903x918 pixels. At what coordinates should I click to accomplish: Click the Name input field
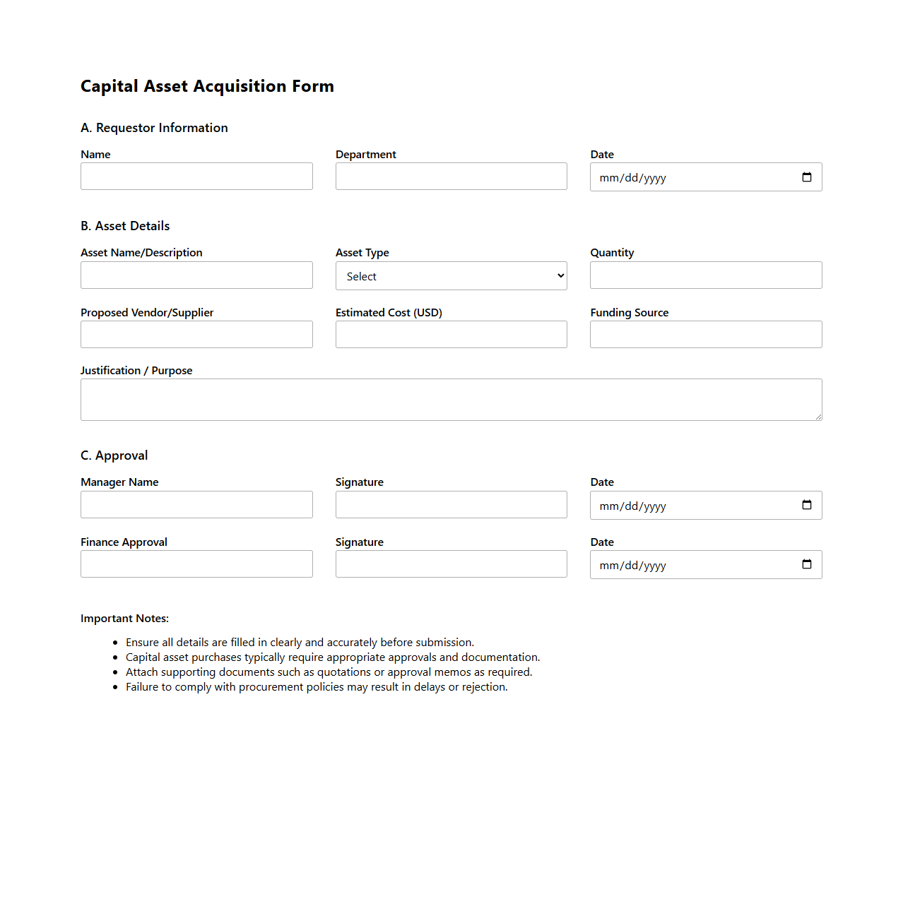[x=196, y=177]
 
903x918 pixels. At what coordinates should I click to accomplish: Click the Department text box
[x=451, y=177]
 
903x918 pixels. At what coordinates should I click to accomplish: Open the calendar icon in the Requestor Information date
[x=807, y=177]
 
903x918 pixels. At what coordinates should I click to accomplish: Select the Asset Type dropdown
[x=451, y=276]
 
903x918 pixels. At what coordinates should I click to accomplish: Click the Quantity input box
[x=706, y=275]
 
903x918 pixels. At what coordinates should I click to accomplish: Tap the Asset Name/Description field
[x=196, y=275]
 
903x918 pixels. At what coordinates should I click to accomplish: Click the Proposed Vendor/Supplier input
[x=196, y=335]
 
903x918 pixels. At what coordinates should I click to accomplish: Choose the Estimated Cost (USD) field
[x=451, y=335]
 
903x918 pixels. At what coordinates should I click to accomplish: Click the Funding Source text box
[x=706, y=335]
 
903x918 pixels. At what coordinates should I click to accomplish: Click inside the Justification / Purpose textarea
[x=451, y=400]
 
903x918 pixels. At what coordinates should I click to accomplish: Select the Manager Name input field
[x=196, y=505]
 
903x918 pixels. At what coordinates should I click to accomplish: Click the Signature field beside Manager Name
[x=451, y=505]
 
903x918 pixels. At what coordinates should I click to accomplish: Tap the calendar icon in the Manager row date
[x=807, y=505]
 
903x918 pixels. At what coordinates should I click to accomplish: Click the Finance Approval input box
[x=196, y=564]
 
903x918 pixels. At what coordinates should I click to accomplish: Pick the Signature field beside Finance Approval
[x=451, y=564]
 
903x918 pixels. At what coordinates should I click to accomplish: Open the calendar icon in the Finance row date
[x=807, y=564]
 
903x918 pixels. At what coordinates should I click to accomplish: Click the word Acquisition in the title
[x=240, y=86]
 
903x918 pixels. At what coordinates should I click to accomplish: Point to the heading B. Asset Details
[x=125, y=226]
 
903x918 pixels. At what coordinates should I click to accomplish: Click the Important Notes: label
[x=124, y=619]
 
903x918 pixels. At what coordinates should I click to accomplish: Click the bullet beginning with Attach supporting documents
[x=329, y=672]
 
